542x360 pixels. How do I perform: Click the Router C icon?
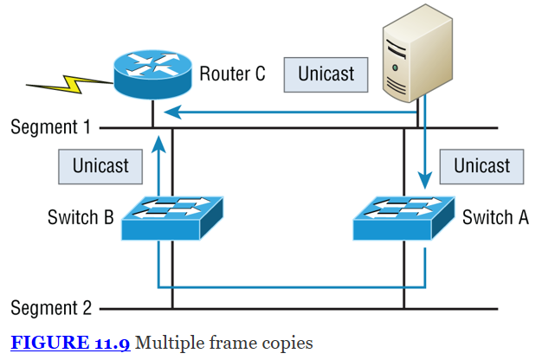click(x=152, y=75)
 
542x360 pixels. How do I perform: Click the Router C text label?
click(x=232, y=74)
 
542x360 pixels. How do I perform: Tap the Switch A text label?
click(x=495, y=217)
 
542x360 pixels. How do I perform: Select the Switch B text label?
click(x=81, y=217)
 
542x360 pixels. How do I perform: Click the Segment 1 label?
click(x=50, y=127)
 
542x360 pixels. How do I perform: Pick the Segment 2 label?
click(x=50, y=307)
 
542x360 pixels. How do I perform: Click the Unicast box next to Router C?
click(x=326, y=74)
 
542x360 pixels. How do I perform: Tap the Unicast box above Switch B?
click(x=100, y=165)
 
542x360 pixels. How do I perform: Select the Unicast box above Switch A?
click(x=482, y=165)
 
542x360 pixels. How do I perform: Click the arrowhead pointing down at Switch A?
click(x=424, y=182)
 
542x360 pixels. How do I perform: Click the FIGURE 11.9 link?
click(x=70, y=344)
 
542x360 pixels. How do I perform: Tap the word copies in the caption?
click(x=288, y=344)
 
